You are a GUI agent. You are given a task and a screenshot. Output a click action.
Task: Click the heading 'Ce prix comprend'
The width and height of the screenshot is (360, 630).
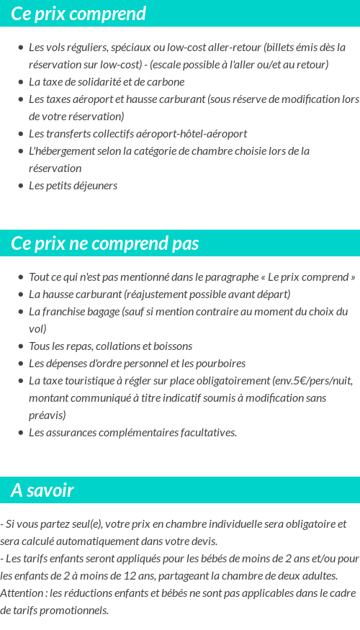pos(78,14)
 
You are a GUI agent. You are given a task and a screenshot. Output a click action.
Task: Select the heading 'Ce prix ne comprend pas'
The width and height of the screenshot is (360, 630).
pos(105,243)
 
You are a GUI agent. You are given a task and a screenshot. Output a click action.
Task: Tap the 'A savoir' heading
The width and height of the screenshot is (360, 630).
pos(42,490)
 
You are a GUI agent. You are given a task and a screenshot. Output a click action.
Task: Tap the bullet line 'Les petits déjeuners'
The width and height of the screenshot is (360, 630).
pos(73,185)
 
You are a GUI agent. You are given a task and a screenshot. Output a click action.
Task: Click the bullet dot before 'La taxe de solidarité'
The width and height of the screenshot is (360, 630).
pos(20,82)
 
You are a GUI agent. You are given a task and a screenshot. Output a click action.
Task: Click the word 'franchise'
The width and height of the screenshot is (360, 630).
pos(67,311)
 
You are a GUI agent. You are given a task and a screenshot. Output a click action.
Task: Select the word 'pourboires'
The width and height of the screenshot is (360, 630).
pos(221,363)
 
